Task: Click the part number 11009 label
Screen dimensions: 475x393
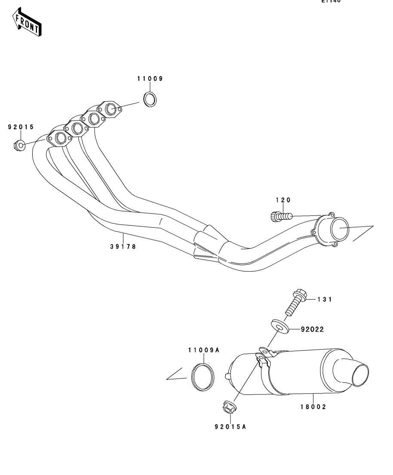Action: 150,79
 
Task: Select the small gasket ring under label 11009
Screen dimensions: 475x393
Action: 150,99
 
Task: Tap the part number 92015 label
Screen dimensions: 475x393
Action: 21,127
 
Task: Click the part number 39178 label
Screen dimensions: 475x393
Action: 123,247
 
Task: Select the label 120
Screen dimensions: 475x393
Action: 283,200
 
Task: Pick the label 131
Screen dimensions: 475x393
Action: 325,300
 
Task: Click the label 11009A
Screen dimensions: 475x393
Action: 203,350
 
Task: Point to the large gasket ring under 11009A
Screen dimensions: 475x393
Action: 202,378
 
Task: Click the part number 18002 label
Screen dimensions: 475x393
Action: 313,407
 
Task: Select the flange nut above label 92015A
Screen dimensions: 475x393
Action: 228,406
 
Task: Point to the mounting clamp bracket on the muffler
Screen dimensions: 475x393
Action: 263,357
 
